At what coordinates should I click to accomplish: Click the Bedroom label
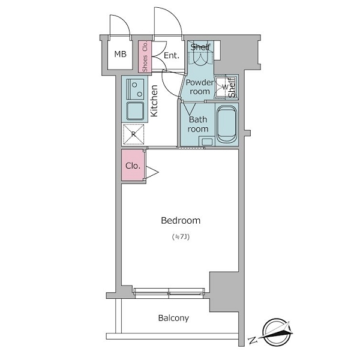tap(181, 221)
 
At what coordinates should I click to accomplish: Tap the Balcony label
tap(173, 318)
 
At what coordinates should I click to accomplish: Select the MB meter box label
tap(121, 54)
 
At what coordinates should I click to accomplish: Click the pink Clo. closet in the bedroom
tap(133, 165)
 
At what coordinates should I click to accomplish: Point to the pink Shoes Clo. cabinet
tap(145, 56)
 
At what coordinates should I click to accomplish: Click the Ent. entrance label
tap(171, 55)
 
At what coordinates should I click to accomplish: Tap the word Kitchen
tap(154, 101)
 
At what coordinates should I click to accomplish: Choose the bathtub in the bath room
tap(227, 124)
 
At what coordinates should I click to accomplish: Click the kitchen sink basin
tap(135, 111)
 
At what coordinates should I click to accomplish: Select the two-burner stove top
tap(136, 89)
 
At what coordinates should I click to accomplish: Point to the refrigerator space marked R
tap(134, 134)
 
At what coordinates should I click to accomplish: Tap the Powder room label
tap(199, 87)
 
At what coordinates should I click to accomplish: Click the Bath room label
tap(198, 124)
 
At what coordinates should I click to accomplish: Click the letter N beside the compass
tap(253, 340)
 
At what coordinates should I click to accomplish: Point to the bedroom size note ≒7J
tap(181, 237)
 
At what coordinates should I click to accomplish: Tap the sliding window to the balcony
tap(169, 293)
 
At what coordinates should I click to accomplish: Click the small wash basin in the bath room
tap(207, 141)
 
